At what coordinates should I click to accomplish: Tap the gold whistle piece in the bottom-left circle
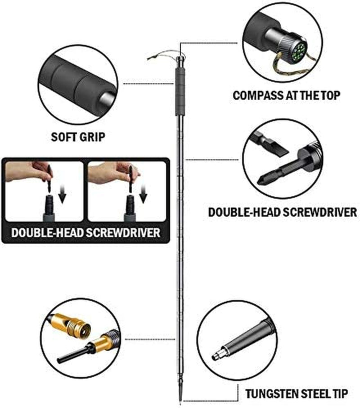(x=70, y=324)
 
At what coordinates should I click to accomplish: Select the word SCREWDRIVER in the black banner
(x=123, y=233)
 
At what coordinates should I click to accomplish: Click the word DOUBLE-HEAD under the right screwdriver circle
(x=244, y=212)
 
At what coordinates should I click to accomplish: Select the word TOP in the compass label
(x=331, y=95)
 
